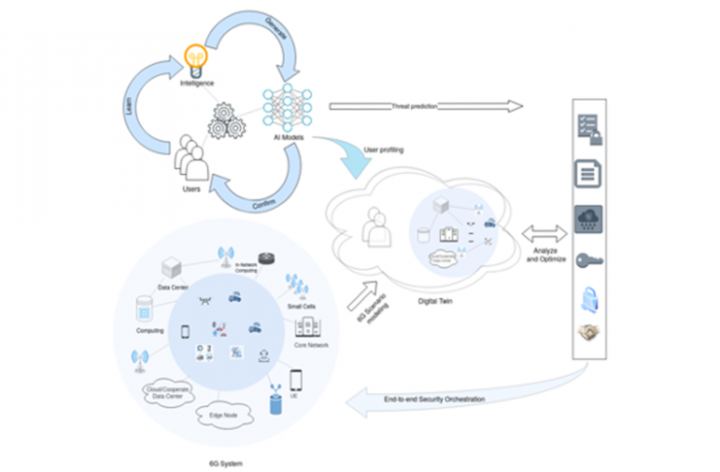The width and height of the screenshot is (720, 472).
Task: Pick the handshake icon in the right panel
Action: (590, 332)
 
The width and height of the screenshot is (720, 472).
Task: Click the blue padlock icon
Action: (590, 295)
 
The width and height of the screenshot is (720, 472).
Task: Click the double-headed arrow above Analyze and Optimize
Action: (542, 233)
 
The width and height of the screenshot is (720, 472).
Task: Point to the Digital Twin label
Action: (438, 301)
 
